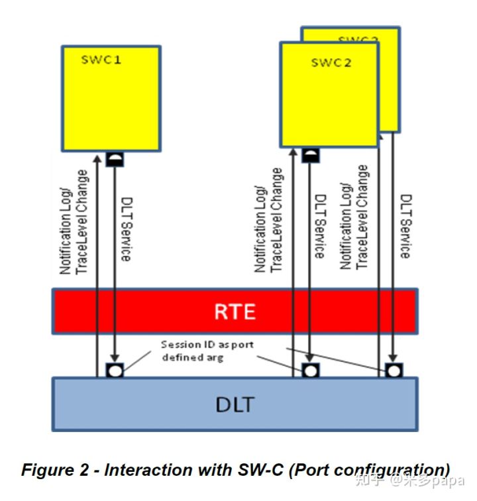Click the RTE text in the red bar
tap(235, 311)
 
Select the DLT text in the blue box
tap(235, 403)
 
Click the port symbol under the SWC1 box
tap(115, 160)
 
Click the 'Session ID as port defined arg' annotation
tap(207, 351)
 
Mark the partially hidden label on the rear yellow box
tap(358, 40)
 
